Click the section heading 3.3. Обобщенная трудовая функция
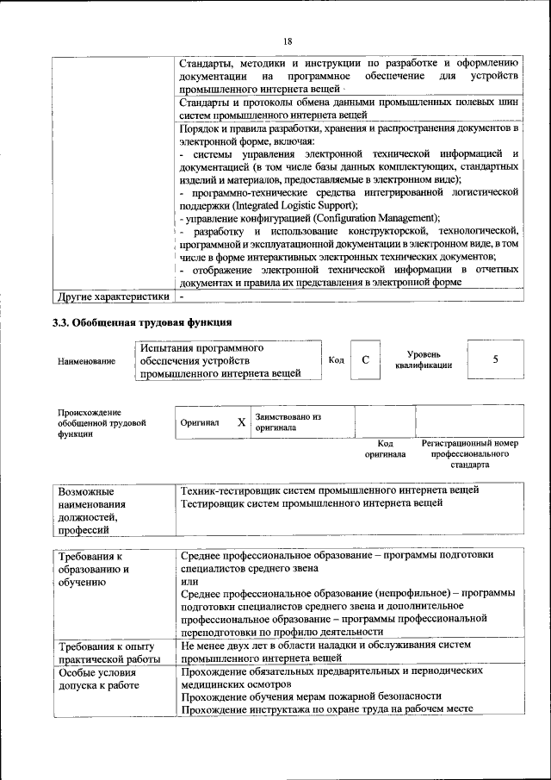pos(142,323)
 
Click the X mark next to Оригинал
pos(241,423)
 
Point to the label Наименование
pos(86,361)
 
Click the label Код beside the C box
pos(337,360)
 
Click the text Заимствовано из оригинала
pos(288,422)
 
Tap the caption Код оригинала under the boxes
pos(385,448)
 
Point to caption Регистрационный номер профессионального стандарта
pos(469,453)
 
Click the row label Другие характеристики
pos(112,297)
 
